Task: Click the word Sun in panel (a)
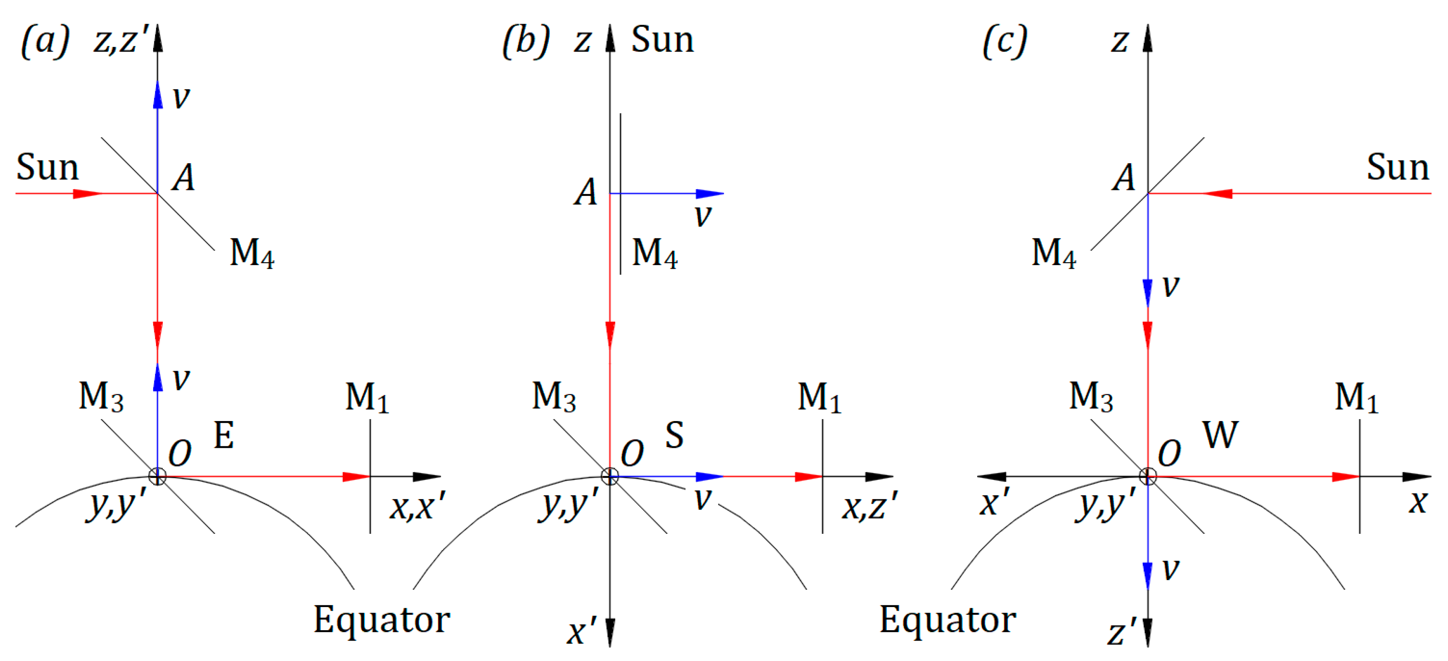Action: coord(47,168)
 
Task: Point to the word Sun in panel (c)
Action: coord(1398,168)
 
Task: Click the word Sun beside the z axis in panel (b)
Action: coord(662,40)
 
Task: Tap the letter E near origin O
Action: coord(224,435)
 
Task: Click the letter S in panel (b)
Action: coord(674,435)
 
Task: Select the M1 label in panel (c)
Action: coord(1356,398)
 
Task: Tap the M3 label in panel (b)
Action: coord(554,397)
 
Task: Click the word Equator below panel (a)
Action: coord(382,620)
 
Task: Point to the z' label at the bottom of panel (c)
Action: coord(1122,632)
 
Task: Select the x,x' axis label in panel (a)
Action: coord(418,506)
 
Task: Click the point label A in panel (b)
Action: coord(586,192)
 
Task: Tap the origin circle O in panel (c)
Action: coord(1148,477)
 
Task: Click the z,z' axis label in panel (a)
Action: coord(122,40)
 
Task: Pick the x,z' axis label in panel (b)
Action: coord(870,506)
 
